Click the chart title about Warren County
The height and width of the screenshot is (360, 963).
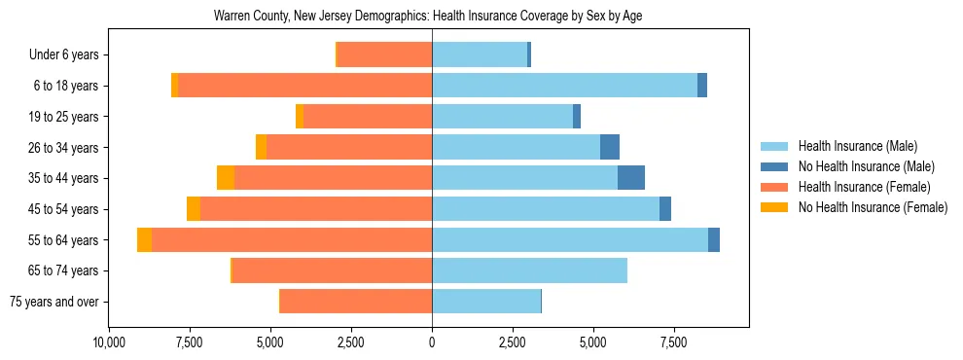(x=428, y=17)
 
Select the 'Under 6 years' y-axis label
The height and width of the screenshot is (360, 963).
(x=70, y=55)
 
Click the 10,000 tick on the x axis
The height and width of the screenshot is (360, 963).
(x=109, y=342)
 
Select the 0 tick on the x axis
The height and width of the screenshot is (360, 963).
(x=432, y=342)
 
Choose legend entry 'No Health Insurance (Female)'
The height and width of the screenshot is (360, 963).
(x=873, y=207)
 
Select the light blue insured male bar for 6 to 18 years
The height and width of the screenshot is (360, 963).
(x=564, y=86)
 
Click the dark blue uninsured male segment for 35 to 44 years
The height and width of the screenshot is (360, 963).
(x=631, y=178)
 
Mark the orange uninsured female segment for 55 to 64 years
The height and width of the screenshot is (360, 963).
(x=144, y=240)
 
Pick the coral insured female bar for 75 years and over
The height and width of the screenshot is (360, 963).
(x=356, y=302)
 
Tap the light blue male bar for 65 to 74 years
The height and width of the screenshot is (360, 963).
(x=529, y=270)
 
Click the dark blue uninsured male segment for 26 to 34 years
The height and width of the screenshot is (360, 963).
(x=610, y=147)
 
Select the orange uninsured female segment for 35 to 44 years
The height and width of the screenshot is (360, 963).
(x=226, y=178)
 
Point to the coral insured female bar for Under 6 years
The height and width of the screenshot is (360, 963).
(x=385, y=55)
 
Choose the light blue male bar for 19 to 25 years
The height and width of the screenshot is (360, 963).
(x=502, y=117)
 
